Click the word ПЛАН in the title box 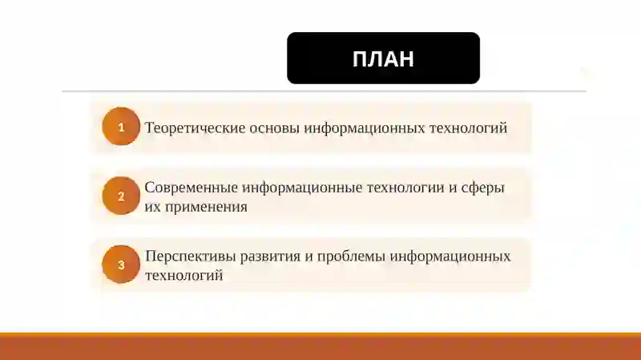383,59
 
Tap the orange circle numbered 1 121,127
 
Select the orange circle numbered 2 121,196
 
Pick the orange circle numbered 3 121,265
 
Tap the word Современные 191,188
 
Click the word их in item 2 152,207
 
